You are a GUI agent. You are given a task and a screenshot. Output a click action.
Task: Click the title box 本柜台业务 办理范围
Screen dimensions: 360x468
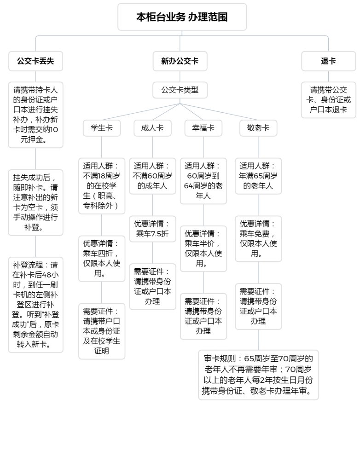click(x=182, y=17)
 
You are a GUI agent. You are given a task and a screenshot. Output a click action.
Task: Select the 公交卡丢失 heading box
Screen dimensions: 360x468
click(x=35, y=61)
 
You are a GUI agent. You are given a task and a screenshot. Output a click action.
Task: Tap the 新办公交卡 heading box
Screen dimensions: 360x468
click(x=180, y=61)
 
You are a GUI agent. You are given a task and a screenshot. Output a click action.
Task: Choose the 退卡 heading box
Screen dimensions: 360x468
click(x=328, y=61)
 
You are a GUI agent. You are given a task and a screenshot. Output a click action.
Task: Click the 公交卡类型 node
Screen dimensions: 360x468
click(x=180, y=90)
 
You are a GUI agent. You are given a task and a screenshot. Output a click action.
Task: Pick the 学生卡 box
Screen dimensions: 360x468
click(x=101, y=128)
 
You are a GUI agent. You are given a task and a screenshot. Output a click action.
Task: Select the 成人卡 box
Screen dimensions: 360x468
click(x=152, y=128)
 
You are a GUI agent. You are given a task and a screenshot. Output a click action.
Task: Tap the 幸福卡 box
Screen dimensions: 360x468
click(x=203, y=128)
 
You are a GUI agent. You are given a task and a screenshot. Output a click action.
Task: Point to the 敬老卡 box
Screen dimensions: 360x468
click(x=258, y=128)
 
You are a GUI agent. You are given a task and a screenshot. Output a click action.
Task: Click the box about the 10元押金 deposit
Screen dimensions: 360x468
click(x=35, y=115)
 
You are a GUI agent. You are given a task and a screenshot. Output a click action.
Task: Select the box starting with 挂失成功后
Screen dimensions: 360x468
click(x=35, y=202)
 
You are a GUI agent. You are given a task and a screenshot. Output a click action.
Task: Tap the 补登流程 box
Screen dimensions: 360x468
click(x=35, y=305)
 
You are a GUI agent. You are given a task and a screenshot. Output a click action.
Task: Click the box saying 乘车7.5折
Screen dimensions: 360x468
click(x=152, y=229)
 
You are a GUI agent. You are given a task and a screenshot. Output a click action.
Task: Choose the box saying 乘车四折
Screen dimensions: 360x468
click(x=101, y=259)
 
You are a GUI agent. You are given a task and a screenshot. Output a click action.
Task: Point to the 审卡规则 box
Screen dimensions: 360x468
click(x=258, y=375)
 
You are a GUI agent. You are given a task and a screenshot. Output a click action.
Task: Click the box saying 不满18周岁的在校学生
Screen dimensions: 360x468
click(x=101, y=186)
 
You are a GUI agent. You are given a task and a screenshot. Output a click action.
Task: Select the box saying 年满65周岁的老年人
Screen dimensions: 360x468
click(x=258, y=176)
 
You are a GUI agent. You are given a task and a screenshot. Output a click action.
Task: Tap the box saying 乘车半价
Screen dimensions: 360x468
click(x=203, y=248)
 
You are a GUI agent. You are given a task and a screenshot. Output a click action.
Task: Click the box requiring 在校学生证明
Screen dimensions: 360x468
click(x=101, y=331)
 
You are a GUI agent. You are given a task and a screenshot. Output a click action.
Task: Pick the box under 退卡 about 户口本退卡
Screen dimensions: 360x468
click(x=328, y=100)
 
